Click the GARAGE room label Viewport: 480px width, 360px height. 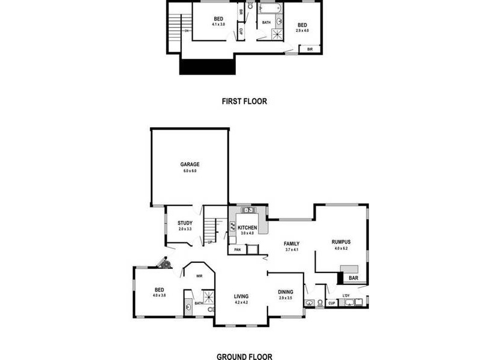190,164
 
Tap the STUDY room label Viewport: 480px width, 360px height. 185,223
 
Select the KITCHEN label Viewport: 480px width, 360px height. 247,228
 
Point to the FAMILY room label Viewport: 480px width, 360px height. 292,244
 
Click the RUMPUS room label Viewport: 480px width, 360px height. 340,242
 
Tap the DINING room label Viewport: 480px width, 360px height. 286,292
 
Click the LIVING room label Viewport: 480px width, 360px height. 241,296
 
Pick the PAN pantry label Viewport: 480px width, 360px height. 238,249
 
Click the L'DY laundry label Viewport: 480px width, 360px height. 346,296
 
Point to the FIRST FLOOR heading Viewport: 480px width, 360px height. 244,101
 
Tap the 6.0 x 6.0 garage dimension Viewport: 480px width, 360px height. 190,171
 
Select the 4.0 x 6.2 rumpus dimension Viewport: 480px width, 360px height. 340,248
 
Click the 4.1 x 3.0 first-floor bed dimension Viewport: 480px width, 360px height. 218,25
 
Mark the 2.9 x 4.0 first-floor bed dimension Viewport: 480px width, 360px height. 302,31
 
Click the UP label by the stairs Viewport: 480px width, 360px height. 210,242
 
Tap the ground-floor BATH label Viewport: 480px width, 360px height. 198,304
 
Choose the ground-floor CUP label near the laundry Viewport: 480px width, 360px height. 331,304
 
